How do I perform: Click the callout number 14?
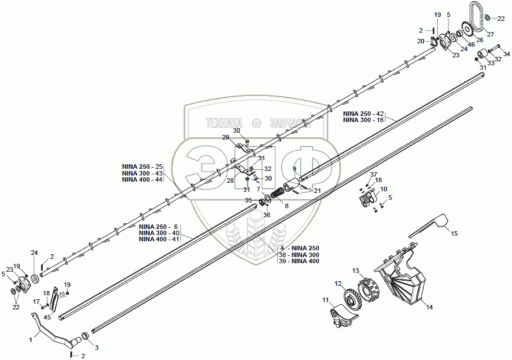tap(429, 308)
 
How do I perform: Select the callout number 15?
tap(455, 232)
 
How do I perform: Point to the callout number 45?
tap(47, 317)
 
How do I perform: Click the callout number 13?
tap(356, 271)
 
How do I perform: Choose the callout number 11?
tap(325, 300)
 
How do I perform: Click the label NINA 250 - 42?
tap(363, 114)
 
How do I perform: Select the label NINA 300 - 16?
tap(363, 120)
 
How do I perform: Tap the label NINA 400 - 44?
tap(142, 179)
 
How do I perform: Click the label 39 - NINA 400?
tap(298, 262)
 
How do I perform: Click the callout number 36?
tap(267, 214)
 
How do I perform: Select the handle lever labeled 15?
tap(429, 226)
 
